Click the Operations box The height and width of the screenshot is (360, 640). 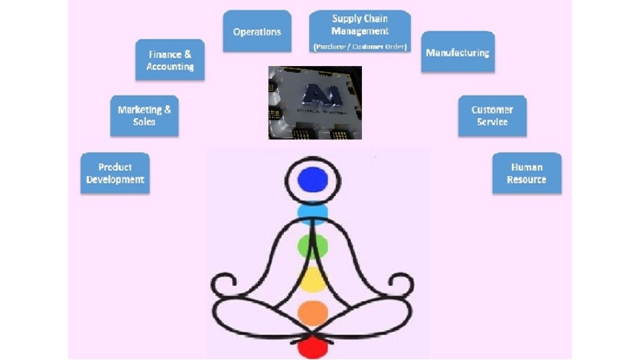coord(257,31)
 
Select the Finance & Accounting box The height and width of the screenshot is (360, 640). coord(170,60)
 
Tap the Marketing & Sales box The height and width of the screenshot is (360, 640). coord(144,115)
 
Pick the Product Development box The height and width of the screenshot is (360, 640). coord(115,173)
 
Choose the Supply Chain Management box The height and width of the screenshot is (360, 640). coord(360,31)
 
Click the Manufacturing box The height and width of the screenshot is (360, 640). coord(457,52)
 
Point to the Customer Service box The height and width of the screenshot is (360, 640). coord(492,115)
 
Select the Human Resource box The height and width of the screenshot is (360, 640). coord(527,173)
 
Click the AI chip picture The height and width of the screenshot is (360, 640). coord(315,102)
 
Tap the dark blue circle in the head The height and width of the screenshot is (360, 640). coord(313,179)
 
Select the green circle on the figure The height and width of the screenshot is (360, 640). coord(312,246)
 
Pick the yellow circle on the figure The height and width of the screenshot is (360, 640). coord(312,280)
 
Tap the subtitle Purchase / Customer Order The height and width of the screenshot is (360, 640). coord(360,47)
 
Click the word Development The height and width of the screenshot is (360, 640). coord(115,180)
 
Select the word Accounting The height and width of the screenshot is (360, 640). coord(170,67)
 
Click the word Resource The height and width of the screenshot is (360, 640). coord(527,180)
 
